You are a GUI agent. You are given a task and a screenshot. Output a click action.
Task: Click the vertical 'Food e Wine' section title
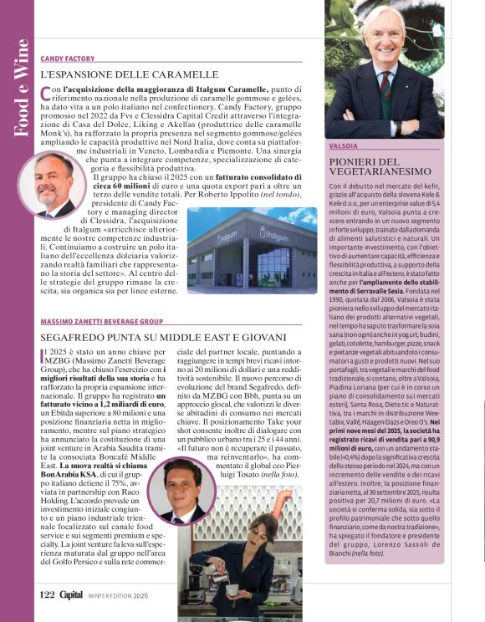23,88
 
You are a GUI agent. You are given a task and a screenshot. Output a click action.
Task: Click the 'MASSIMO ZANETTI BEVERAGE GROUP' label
101,322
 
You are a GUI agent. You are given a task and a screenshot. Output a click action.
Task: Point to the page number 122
47,595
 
